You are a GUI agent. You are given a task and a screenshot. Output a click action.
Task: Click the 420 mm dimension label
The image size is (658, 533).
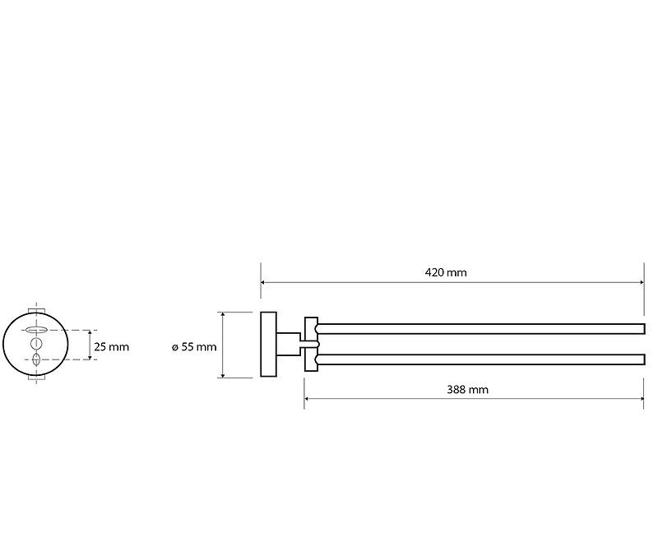(x=446, y=273)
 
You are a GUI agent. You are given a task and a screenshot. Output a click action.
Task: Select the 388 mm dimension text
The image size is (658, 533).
(x=467, y=390)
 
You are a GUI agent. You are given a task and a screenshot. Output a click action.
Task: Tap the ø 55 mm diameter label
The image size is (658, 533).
(x=194, y=347)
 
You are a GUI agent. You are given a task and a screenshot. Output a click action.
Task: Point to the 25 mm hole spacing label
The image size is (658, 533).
(x=112, y=347)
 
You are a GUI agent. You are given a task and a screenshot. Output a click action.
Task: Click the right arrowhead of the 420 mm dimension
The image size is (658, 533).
(x=642, y=282)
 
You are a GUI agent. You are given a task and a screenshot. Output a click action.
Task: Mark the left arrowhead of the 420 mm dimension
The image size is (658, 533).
(x=263, y=282)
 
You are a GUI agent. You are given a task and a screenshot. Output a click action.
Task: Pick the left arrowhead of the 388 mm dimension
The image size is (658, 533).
(x=307, y=398)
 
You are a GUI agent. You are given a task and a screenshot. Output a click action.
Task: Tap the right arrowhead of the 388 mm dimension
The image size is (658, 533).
(x=641, y=398)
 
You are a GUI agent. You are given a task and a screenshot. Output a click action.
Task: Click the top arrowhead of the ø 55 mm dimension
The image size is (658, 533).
(x=223, y=315)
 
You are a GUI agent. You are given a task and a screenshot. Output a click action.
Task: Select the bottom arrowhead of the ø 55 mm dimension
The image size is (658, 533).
(x=223, y=374)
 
